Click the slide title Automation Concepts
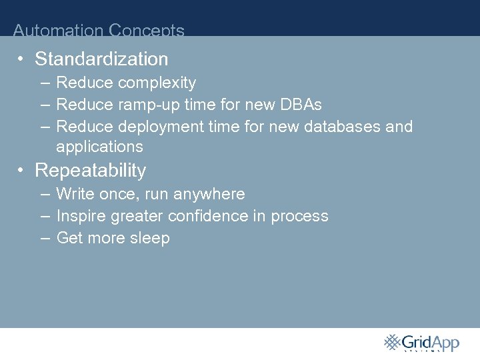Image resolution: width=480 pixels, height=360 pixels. (99, 30)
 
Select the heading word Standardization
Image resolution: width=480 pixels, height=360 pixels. (101, 59)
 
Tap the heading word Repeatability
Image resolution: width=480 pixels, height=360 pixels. (90, 171)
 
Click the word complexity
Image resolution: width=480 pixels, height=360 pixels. (157, 83)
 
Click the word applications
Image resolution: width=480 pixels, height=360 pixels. (99, 147)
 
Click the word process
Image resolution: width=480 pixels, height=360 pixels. (299, 217)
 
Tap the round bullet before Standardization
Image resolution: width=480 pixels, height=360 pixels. (22, 59)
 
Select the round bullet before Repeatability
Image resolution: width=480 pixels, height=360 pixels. (22, 171)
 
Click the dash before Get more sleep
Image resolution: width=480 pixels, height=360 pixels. (44, 238)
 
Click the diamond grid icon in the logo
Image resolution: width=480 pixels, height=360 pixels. (391, 342)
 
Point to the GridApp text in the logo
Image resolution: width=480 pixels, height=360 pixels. (431, 343)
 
